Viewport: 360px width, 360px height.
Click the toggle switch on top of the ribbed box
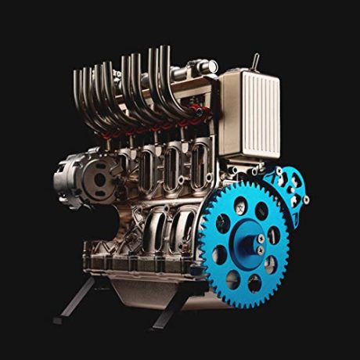coord(255,63)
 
